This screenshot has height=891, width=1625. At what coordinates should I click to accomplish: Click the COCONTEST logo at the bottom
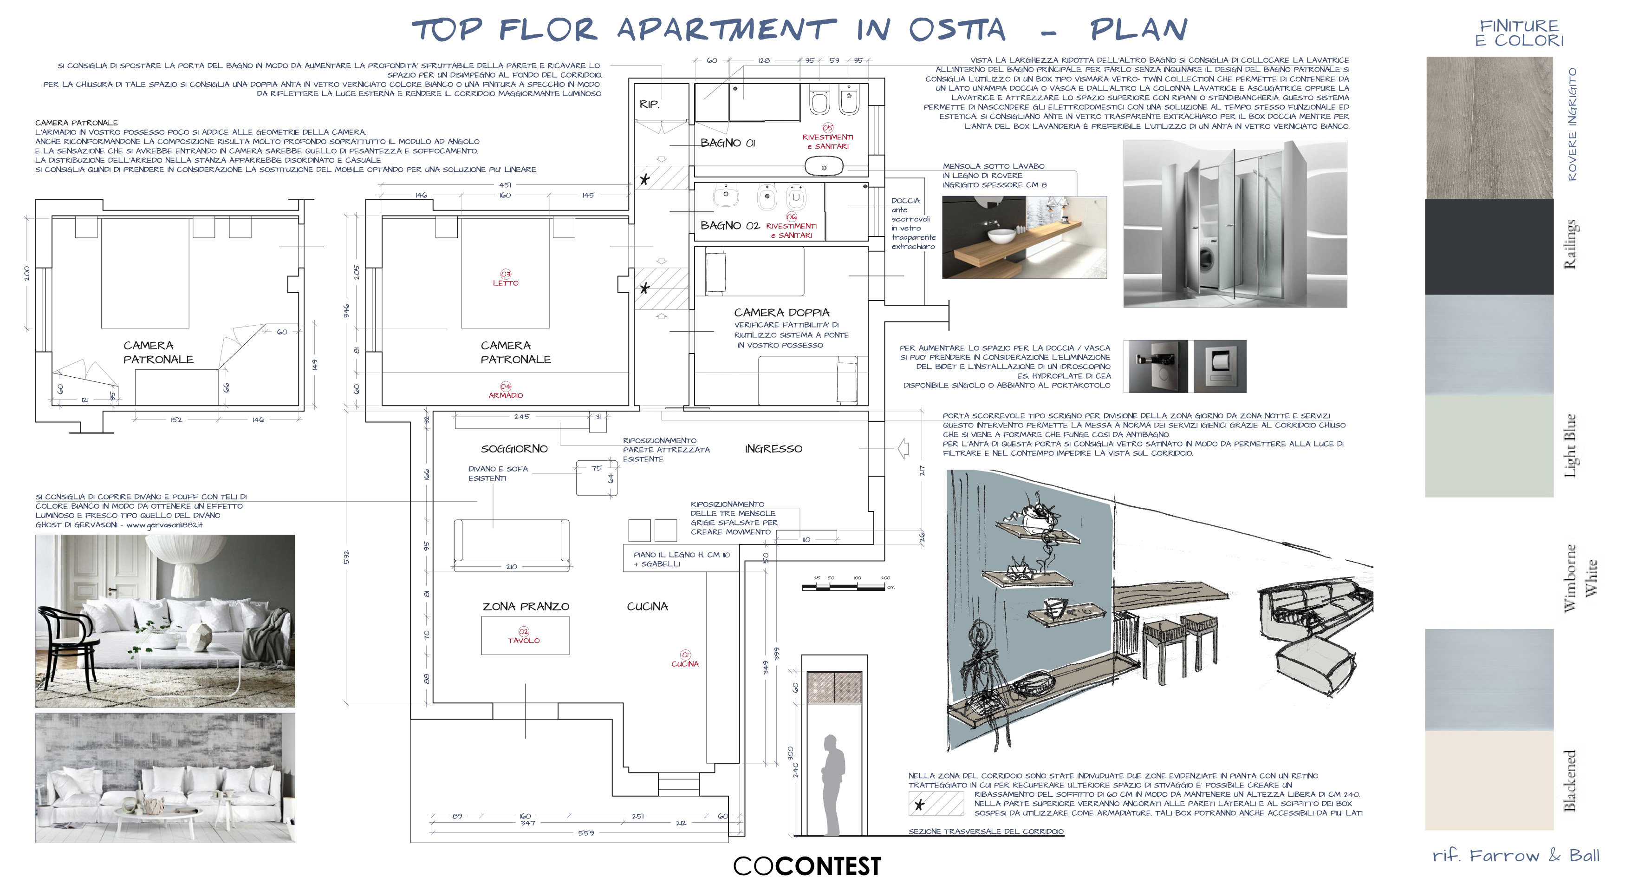click(807, 866)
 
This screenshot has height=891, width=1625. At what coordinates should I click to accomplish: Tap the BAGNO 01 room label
click(728, 143)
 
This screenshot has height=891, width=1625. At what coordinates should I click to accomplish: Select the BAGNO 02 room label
click(729, 225)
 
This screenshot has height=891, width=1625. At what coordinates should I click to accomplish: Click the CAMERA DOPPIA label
click(781, 312)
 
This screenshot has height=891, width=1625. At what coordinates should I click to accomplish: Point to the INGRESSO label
click(773, 449)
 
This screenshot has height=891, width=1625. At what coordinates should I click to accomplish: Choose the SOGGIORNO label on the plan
click(514, 449)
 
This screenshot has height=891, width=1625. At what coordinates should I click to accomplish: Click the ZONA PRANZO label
click(526, 606)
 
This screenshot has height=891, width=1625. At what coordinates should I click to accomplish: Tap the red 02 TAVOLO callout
click(524, 636)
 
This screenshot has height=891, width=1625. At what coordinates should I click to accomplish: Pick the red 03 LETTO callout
click(505, 278)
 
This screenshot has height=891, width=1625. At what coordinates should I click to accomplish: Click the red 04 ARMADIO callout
click(505, 391)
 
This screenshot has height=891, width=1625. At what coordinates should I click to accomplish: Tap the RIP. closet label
click(649, 104)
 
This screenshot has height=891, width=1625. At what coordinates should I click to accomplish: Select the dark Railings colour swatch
click(1489, 246)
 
